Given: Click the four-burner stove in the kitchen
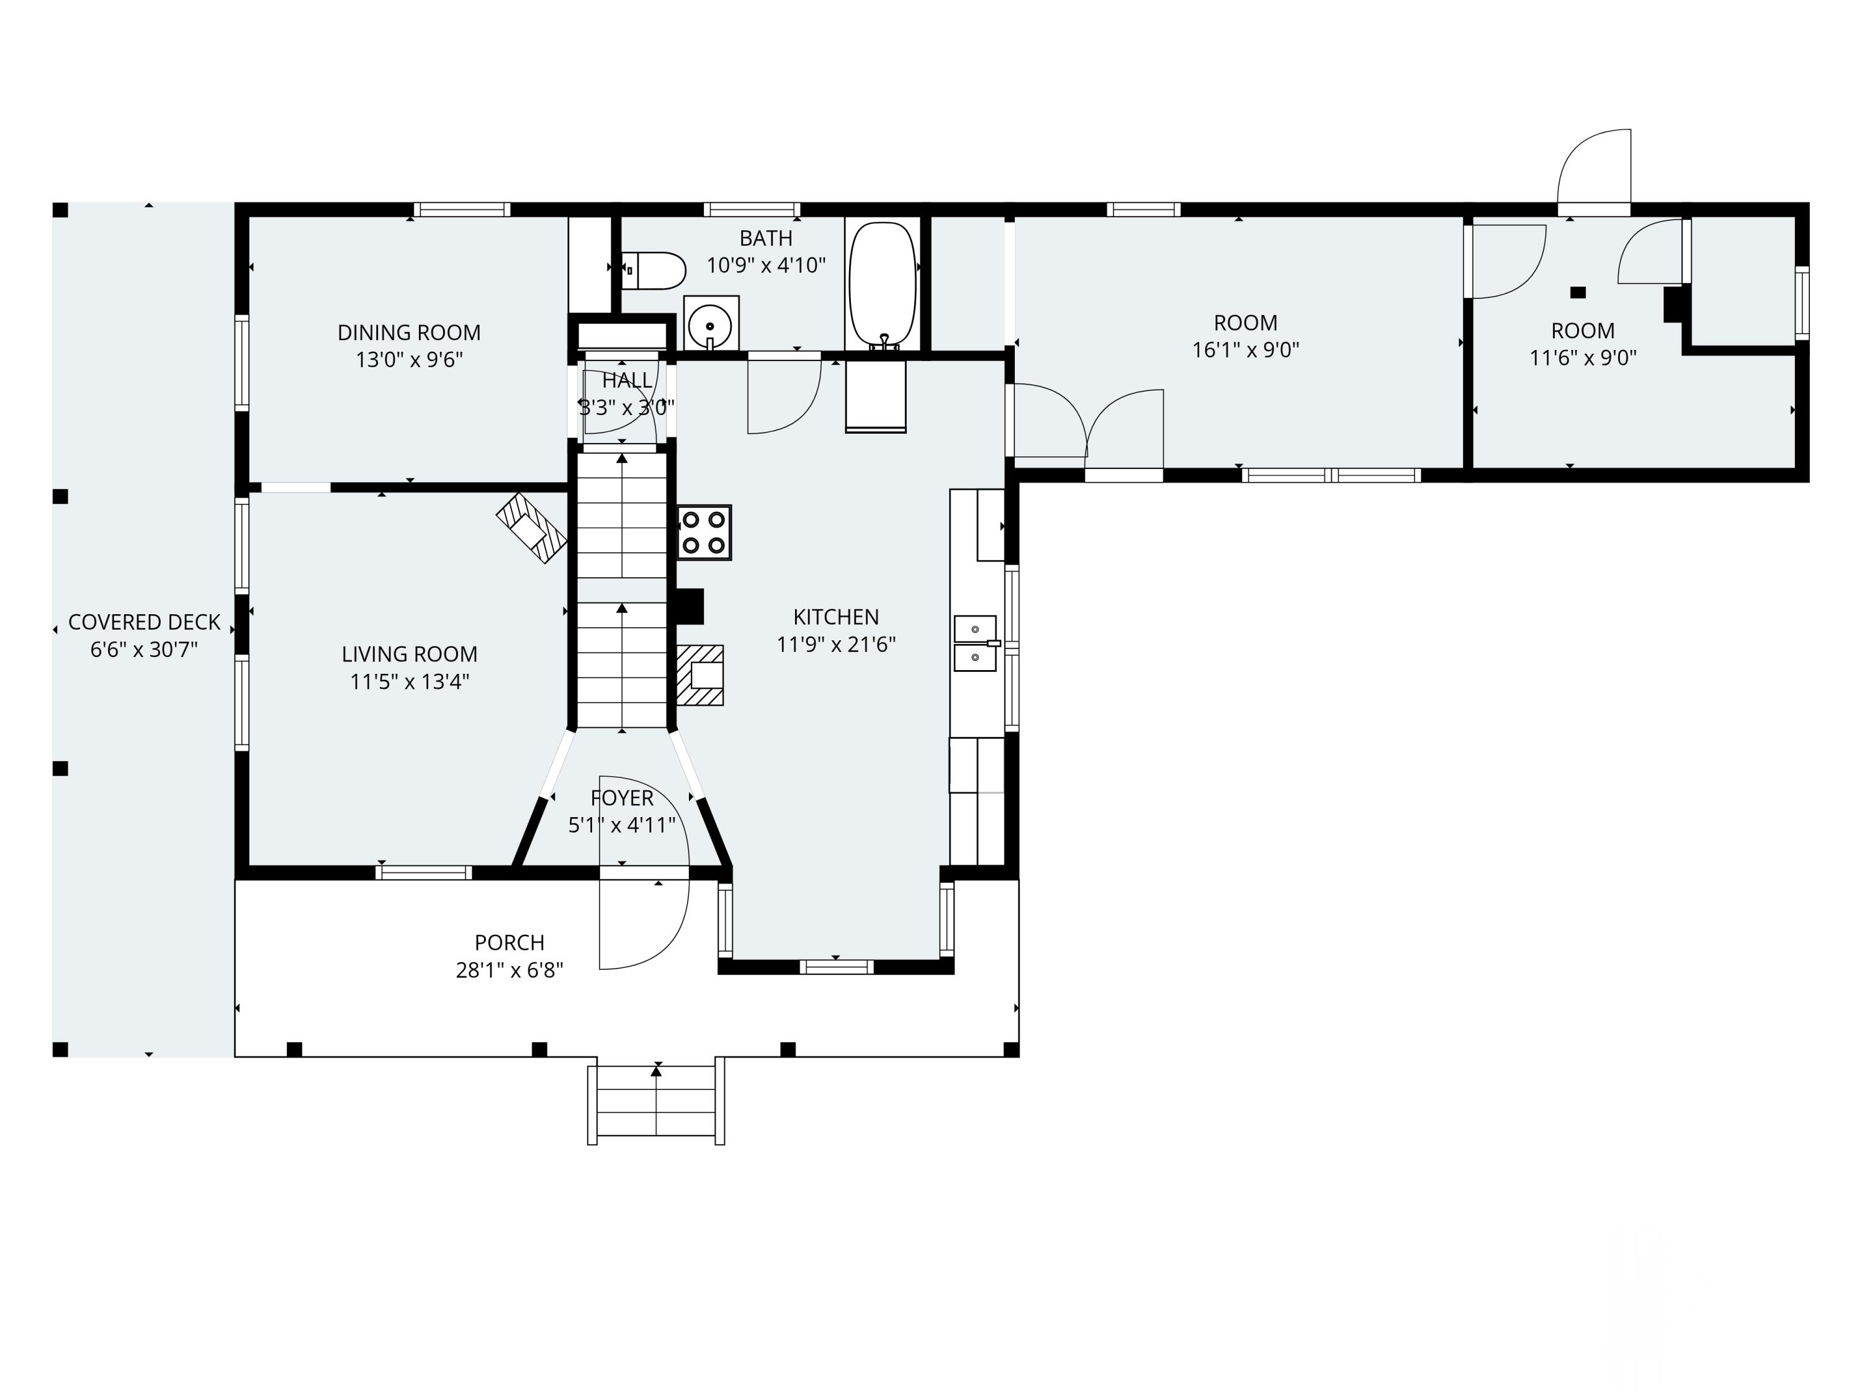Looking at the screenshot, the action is (x=704, y=532).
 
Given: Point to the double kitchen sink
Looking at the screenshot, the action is (x=976, y=643).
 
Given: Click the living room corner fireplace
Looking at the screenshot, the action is (x=531, y=527).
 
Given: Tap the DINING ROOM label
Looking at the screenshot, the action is (x=409, y=333).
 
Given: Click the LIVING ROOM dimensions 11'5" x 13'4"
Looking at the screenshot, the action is (x=409, y=681).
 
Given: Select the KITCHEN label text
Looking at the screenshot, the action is (x=836, y=617).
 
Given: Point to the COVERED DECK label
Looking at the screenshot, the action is (x=144, y=622).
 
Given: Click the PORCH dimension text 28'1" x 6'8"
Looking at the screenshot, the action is (x=510, y=969).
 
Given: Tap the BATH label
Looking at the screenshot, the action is (x=766, y=238).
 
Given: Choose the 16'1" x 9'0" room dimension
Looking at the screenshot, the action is (x=1246, y=349).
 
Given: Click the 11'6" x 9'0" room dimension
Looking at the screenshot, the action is (x=1583, y=357).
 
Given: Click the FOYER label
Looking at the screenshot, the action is (x=622, y=798).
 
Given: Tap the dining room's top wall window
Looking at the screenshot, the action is (x=461, y=210).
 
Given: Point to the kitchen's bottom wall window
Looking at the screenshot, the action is (x=836, y=967).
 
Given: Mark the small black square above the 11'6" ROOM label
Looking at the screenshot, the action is (x=1578, y=292).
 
